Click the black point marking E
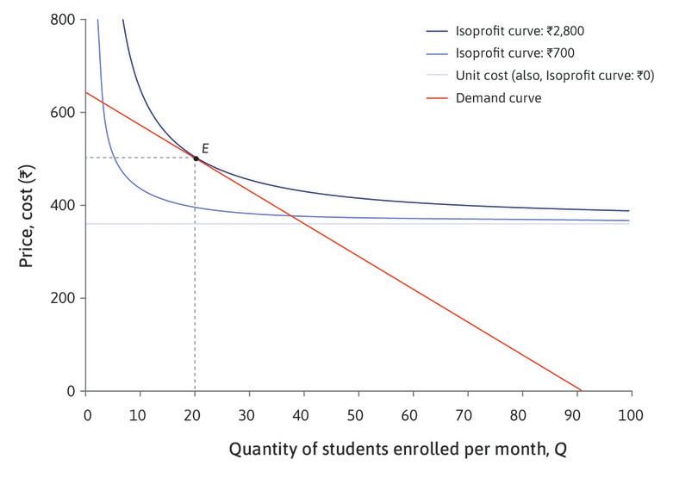click(x=196, y=158)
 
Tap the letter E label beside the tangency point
click(x=205, y=148)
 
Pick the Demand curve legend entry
click(x=499, y=98)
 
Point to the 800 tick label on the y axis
click(x=62, y=19)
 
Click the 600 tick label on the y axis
click(x=62, y=112)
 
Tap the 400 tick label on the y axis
click(x=62, y=205)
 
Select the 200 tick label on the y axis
click(x=62, y=298)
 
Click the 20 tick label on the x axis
click(x=195, y=415)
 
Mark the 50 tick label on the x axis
click(x=358, y=415)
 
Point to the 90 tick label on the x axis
click(x=576, y=415)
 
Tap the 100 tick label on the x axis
click(x=631, y=415)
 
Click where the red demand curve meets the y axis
click(x=86, y=92)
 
